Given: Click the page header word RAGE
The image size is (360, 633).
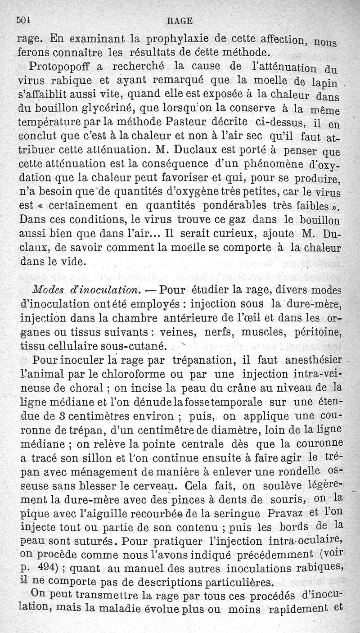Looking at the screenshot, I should [179, 20].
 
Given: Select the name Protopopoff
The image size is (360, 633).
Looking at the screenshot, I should [62, 66].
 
